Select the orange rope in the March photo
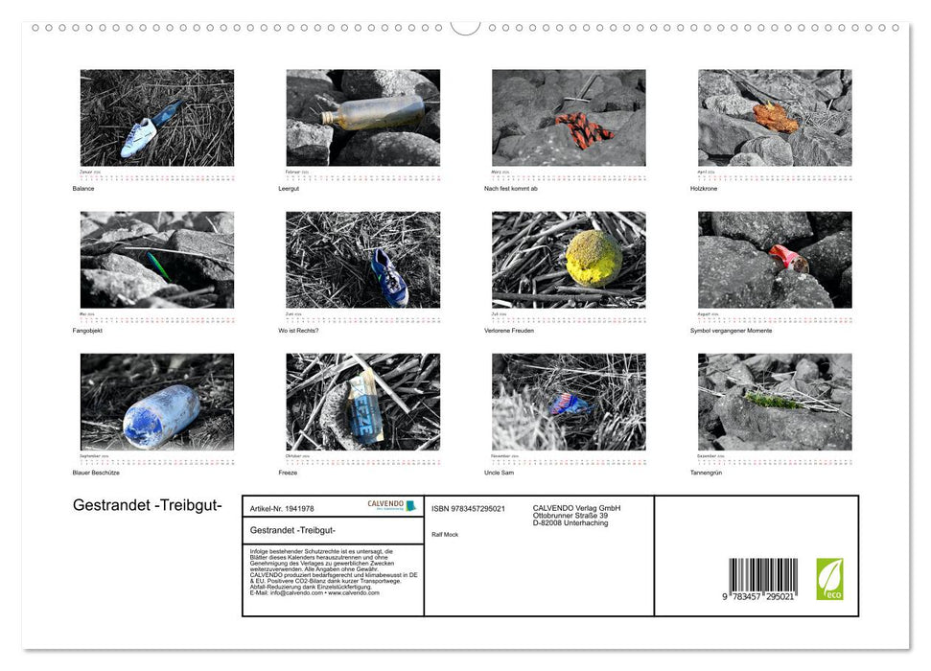pyautogui.click(x=583, y=129)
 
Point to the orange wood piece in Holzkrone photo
pyautogui.click(x=775, y=117)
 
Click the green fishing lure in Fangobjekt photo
pyautogui.click(x=158, y=266)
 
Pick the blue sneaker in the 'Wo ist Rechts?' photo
pyautogui.click(x=389, y=277)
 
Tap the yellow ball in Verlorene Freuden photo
pyautogui.click(x=593, y=257)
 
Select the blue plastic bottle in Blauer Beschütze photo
pyautogui.click(x=160, y=415)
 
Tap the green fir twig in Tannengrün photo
pyautogui.click(x=773, y=400)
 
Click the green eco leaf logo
pyautogui.click(x=829, y=579)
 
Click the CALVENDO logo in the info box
pyautogui.click(x=391, y=505)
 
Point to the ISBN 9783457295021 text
pyautogui.click(x=468, y=509)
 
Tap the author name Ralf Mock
pyautogui.click(x=445, y=534)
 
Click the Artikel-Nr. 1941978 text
pyautogui.click(x=282, y=509)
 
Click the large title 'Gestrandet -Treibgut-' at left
pyautogui.click(x=140, y=505)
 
